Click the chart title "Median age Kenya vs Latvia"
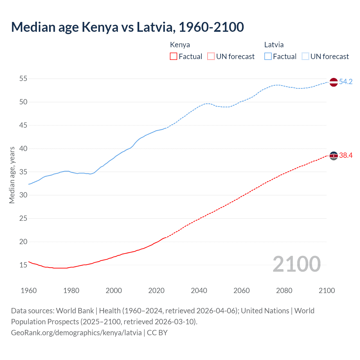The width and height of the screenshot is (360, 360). pos(127,27)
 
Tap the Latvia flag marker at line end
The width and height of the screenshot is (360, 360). pos(333,82)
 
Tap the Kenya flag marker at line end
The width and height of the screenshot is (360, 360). pos(333,156)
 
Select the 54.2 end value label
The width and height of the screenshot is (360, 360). pos(346,82)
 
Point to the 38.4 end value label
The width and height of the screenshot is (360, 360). pos(346,156)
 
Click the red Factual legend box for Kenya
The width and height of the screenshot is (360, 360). pos(174,57)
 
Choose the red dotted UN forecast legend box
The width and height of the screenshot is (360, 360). pos(211,57)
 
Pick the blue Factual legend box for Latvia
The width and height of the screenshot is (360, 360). pos(268,57)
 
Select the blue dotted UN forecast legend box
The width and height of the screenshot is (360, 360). pos(305,57)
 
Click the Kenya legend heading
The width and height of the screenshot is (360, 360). pos(180,45)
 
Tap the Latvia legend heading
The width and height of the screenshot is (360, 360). pos(274,45)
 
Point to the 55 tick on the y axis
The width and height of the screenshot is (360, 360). pos(23,79)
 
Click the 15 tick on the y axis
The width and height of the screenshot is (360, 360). pos(23,265)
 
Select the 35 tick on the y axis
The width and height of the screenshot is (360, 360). pos(23,172)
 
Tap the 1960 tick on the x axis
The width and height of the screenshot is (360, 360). pos(29,291)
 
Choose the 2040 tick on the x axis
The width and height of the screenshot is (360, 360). pos(199,291)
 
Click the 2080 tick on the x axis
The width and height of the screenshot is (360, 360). pos(284,291)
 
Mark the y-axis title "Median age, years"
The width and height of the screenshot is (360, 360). pos(12,175)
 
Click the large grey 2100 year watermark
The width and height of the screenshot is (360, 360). pos(296,264)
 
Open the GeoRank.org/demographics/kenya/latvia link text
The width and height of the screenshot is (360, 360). pos(76,333)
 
